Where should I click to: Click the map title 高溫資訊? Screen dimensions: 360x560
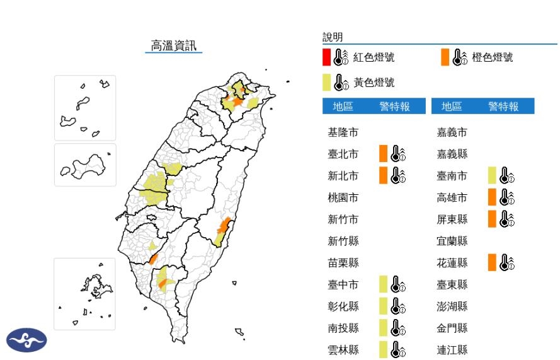click(173, 45)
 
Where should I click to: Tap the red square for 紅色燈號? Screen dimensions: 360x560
click(326, 57)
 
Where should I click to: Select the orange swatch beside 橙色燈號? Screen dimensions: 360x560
click(445, 57)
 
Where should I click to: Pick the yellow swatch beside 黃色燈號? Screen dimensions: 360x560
click(326, 83)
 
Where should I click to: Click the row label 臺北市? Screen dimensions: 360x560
click(343, 154)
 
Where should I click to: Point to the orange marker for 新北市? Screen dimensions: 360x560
click(383, 176)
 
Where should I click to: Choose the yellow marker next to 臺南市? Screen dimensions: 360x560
click(492, 176)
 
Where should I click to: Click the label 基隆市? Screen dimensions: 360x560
click(343, 132)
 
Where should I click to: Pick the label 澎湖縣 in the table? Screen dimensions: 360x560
click(452, 306)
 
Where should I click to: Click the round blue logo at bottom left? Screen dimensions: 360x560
click(26, 340)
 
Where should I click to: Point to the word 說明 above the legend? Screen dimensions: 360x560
click(333, 38)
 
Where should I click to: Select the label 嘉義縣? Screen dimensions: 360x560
click(452, 154)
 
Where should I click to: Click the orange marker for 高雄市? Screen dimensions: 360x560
click(492, 197)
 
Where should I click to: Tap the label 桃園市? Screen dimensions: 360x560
click(343, 197)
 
